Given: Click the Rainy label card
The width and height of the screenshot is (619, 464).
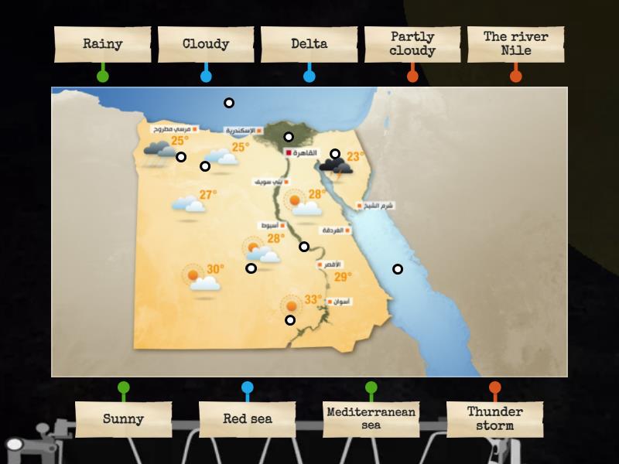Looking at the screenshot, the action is pyautogui.click(x=103, y=44).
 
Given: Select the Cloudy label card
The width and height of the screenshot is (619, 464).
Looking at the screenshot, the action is pyautogui.click(x=206, y=44).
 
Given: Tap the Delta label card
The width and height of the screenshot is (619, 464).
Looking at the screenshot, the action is pyautogui.click(x=309, y=44).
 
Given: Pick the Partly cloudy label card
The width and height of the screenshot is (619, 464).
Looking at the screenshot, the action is pyautogui.click(x=412, y=44).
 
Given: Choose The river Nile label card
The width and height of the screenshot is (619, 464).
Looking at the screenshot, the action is pyautogui.click(x=516, y=44).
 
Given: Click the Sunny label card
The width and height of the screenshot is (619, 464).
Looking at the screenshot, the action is pyautogui.click(x=124, y=419).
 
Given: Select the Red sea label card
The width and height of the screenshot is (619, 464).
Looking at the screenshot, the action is pyautogui.click(x=248, y=419).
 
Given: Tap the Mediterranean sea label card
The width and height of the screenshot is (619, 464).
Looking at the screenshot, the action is pyautogui.click(x=371, y=419).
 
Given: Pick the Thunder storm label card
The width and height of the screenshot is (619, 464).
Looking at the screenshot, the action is pyautogui.click(x=495, y=419).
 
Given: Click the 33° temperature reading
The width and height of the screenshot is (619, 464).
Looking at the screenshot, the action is pyautogui.click(x=313, y=299).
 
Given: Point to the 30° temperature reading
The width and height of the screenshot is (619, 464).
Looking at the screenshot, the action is pyautogui.click(x=215, y=269).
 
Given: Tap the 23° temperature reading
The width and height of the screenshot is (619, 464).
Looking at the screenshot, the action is pyautogui.click(x=355, y=156).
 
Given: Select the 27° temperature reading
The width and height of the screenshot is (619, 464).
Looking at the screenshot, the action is pyautogui.click(x=208, y=195).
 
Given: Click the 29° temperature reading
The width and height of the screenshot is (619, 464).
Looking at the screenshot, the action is pyautogui.click(x=343, y=277).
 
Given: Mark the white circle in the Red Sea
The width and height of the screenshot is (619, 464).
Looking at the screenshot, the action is pyautogui.click(x=398, y=269).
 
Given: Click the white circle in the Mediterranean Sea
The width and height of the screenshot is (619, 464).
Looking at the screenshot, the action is pyautogui.click(x=229, y=103).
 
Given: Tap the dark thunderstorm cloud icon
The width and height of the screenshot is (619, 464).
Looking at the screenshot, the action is pyautogui.click(x=333, y=165).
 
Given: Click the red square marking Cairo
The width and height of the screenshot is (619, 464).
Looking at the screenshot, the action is pyautogui.click(x=289, y=153).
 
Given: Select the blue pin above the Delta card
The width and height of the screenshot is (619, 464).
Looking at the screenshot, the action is pyautogui.click(x=309, y=76).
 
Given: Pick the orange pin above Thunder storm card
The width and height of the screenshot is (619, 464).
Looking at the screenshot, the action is pyautogui.click(x=495, y=387).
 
